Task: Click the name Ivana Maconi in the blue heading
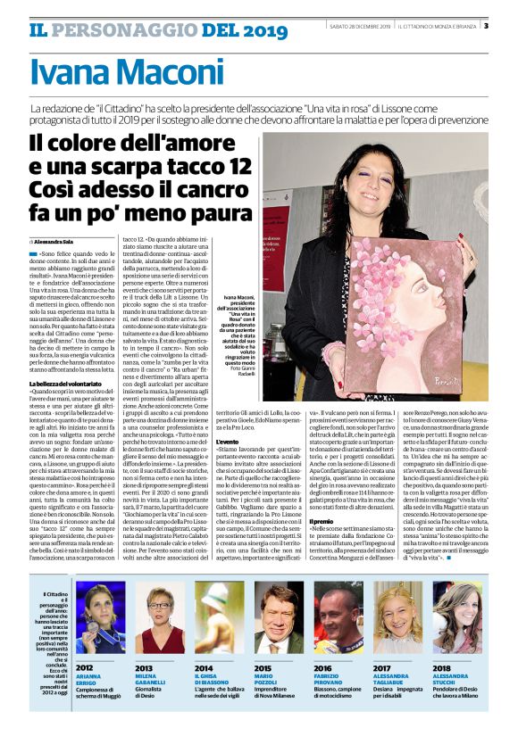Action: pyautogui.click(x=127, y=73)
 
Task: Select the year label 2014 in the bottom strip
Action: pyautogui.click(x=204, y=666)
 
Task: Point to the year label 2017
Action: pyautogui.click(x=382, y=666)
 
